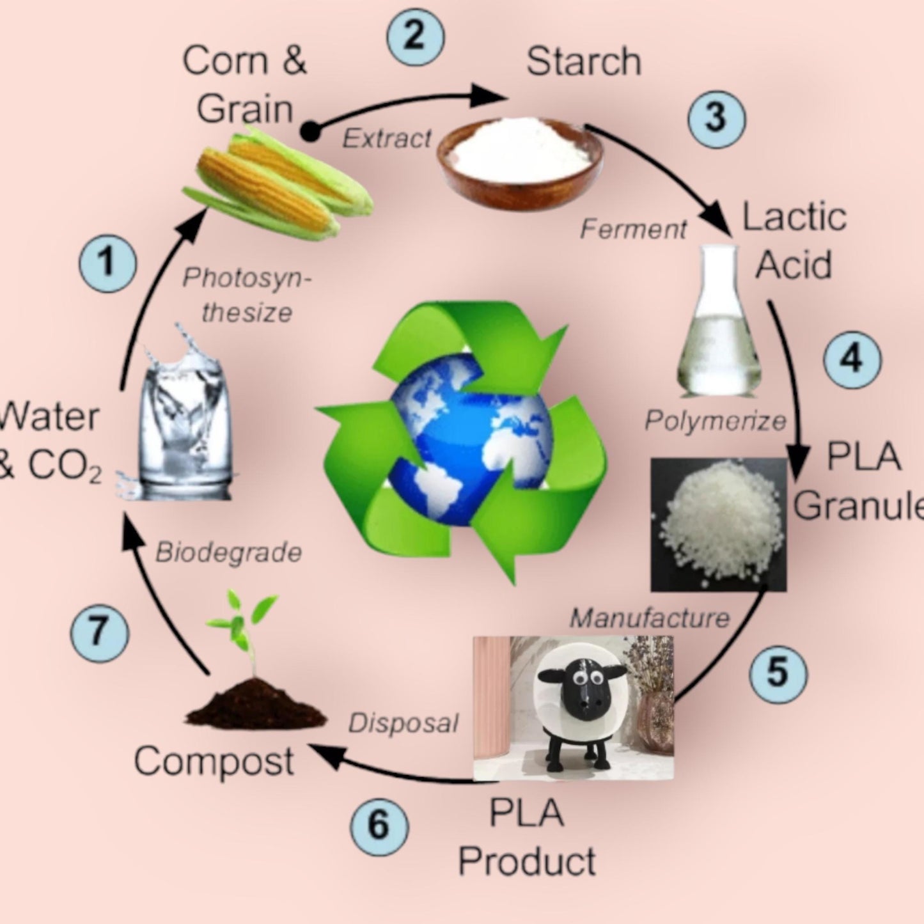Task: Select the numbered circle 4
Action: click(852, 359)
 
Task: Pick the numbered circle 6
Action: click(379, 825)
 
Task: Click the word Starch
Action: click(583, 62)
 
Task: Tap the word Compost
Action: click(214, 762)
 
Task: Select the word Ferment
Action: click(633, 229)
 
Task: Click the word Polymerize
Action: click(716, 421)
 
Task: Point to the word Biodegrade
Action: click(228, 552)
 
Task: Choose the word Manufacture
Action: click(649, 618)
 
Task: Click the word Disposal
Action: click(403, 723)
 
